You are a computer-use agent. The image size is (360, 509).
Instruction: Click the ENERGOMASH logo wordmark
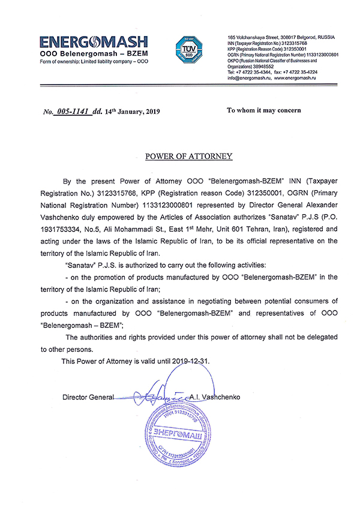(94, 42)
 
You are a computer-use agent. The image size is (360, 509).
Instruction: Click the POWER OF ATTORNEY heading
(188, 157)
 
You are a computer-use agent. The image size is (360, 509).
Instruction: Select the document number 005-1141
(73, 112)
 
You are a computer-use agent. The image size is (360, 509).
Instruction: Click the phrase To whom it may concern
(263, 110)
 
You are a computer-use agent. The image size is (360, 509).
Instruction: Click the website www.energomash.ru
(296, 79)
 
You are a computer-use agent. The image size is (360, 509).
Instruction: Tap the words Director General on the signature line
(88, 397)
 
